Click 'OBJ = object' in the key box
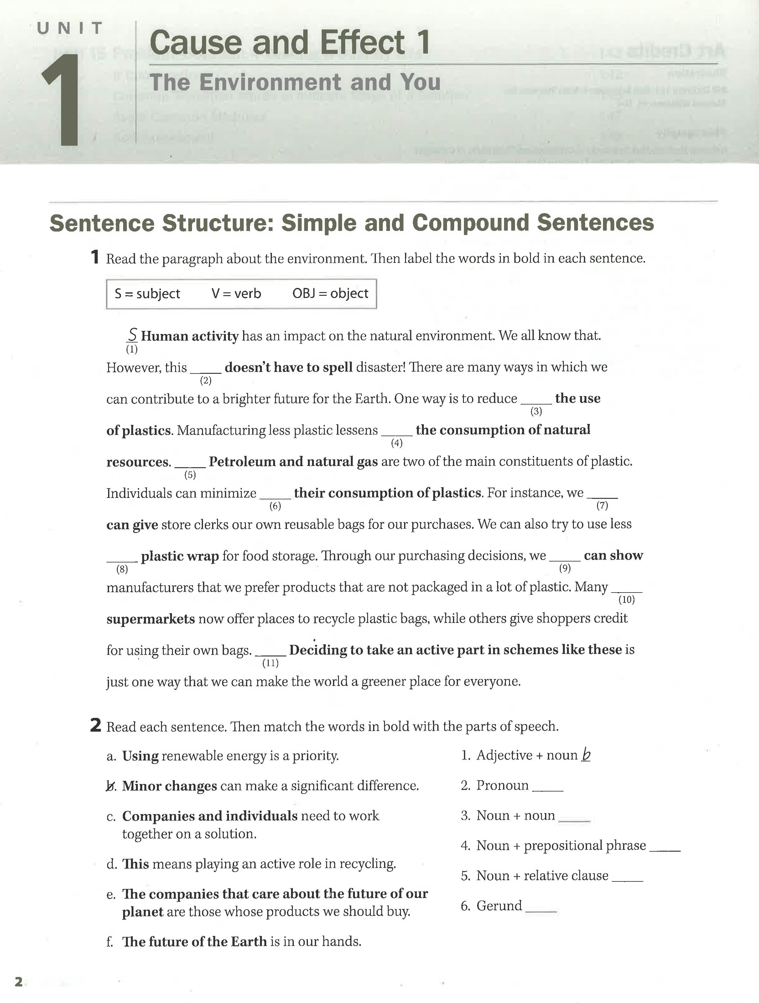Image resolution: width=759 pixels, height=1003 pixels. click(330, 294)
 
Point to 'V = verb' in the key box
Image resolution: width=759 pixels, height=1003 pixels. click(236, 294)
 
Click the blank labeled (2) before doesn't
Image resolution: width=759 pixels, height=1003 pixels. click(206, 369)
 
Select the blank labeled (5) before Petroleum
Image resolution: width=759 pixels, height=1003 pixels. click(190, 464)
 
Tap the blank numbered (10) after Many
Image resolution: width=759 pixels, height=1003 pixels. click(626, 589)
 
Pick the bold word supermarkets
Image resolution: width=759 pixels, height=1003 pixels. click(151, 619)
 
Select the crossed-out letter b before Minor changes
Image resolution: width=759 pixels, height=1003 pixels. click(111, 786)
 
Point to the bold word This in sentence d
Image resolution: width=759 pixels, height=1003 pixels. click(136, 864)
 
